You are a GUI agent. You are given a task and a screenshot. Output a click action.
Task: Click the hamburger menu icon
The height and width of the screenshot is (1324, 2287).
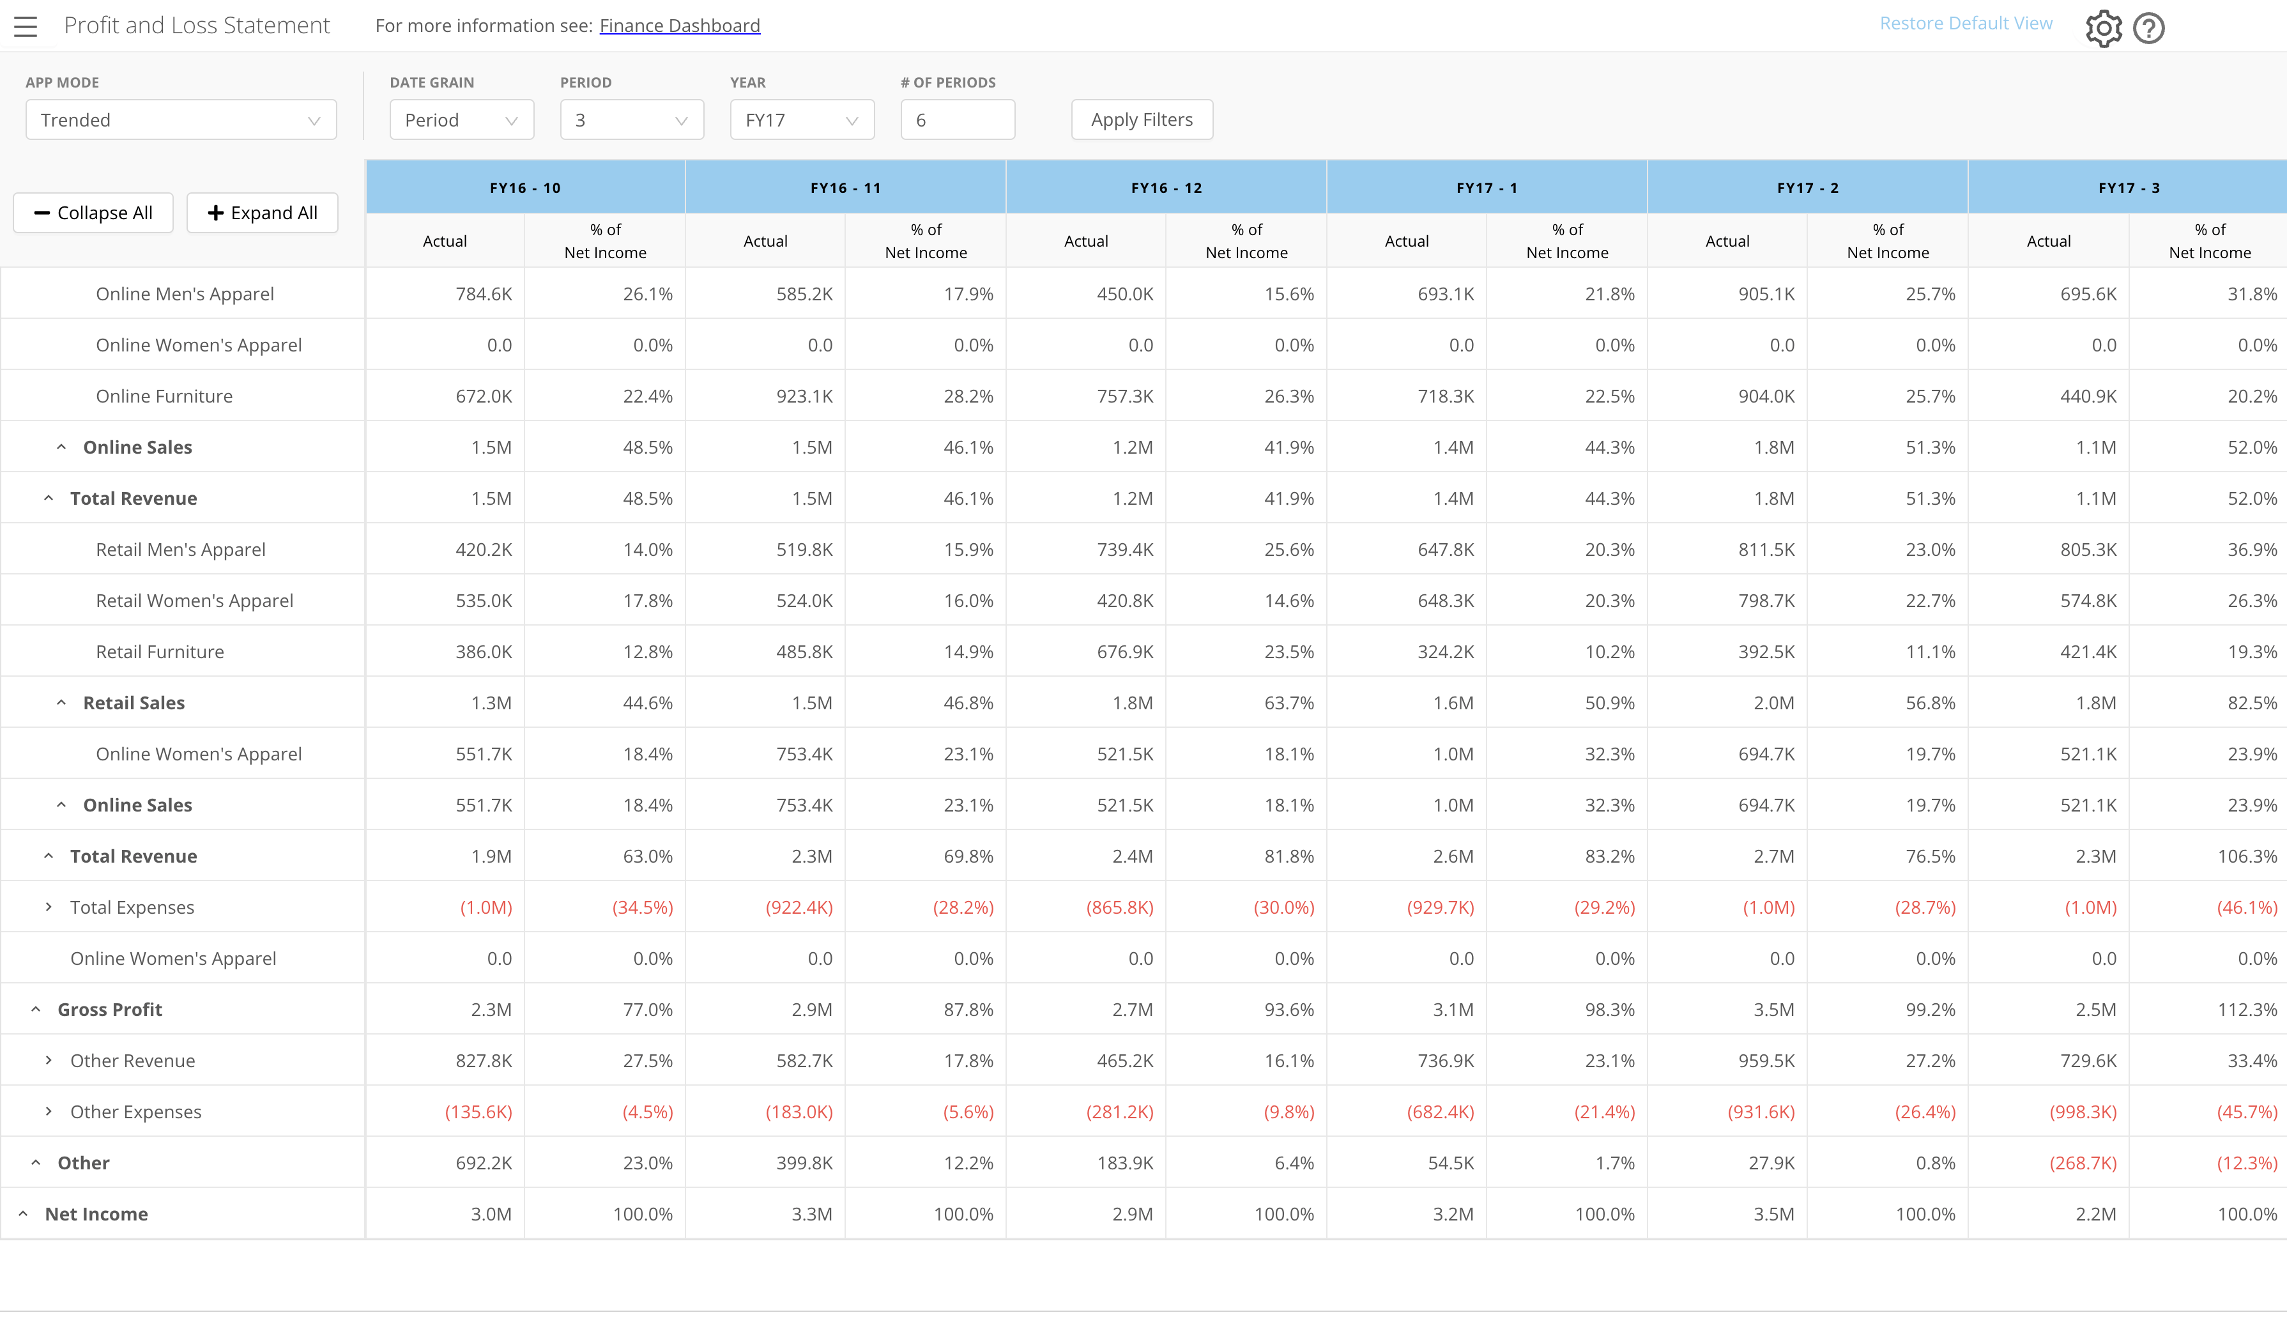tap(26, 26)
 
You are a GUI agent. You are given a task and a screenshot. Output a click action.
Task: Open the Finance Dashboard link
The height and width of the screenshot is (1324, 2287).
tap(680, 26)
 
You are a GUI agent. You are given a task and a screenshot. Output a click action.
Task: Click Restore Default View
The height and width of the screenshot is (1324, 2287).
tap(1966, 24)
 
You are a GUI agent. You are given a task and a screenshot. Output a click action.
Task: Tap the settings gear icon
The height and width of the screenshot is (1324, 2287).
tap(2104, 28)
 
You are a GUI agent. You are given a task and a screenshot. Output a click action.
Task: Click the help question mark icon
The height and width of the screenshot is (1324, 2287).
tap(2149, 28)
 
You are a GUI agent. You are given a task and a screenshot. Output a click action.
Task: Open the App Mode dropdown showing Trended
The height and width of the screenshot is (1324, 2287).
tap(181, 119)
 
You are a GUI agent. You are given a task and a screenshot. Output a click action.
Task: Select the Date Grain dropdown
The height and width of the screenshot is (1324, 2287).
tap(462, 119)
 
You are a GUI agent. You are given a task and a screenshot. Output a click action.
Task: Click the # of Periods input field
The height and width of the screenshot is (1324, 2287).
tap(958, 119)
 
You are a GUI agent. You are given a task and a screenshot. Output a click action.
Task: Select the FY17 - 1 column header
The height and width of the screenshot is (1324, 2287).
tap(1487, 188)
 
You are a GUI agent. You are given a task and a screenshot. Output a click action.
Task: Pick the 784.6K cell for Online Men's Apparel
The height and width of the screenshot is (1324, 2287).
tap(484, 294)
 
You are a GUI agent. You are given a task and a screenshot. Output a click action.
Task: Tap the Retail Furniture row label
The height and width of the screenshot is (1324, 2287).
tap(160, 652)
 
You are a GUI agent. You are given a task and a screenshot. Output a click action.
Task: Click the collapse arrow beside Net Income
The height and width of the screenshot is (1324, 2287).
tap(24, 1214)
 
